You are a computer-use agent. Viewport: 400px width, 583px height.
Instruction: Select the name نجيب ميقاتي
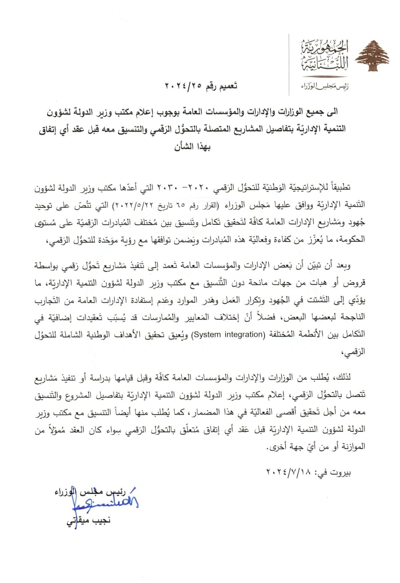(x=89, y=520)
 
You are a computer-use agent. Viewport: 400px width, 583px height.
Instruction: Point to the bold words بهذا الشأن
(x=192, y=147)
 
